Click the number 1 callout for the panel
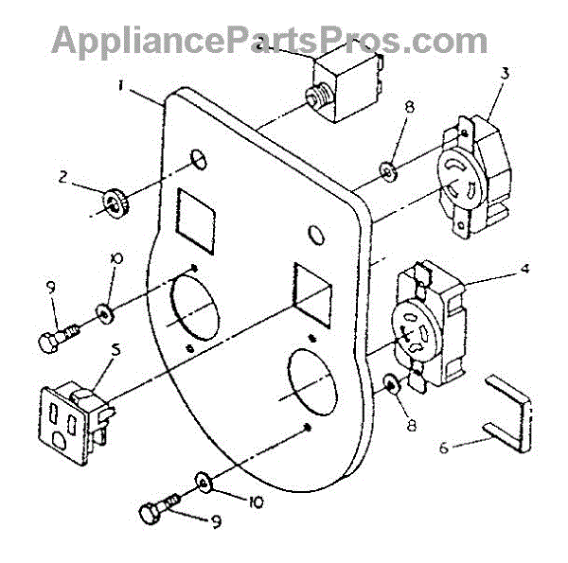coord(121,84)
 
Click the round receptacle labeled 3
coord(474,173)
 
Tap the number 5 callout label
coord(115,348)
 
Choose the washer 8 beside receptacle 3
coord(386,169)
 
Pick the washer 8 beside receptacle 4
coord(388,385)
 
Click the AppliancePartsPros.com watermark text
coord(270,39)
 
